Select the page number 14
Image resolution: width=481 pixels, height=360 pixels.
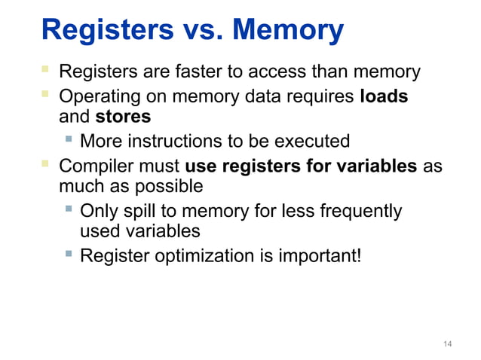[x=448, y=344]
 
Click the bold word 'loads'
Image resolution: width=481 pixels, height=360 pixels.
[x=384, y=96]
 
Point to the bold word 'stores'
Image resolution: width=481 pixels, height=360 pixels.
[x=123, y=117]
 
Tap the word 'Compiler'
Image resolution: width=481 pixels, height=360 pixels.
[x=90, y=165]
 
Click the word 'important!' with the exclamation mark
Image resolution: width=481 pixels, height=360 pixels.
[x=320, y=256]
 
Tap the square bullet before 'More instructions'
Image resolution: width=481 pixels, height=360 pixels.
[x=69, y=139]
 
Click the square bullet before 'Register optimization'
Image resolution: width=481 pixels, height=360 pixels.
[x=69, y=255]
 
